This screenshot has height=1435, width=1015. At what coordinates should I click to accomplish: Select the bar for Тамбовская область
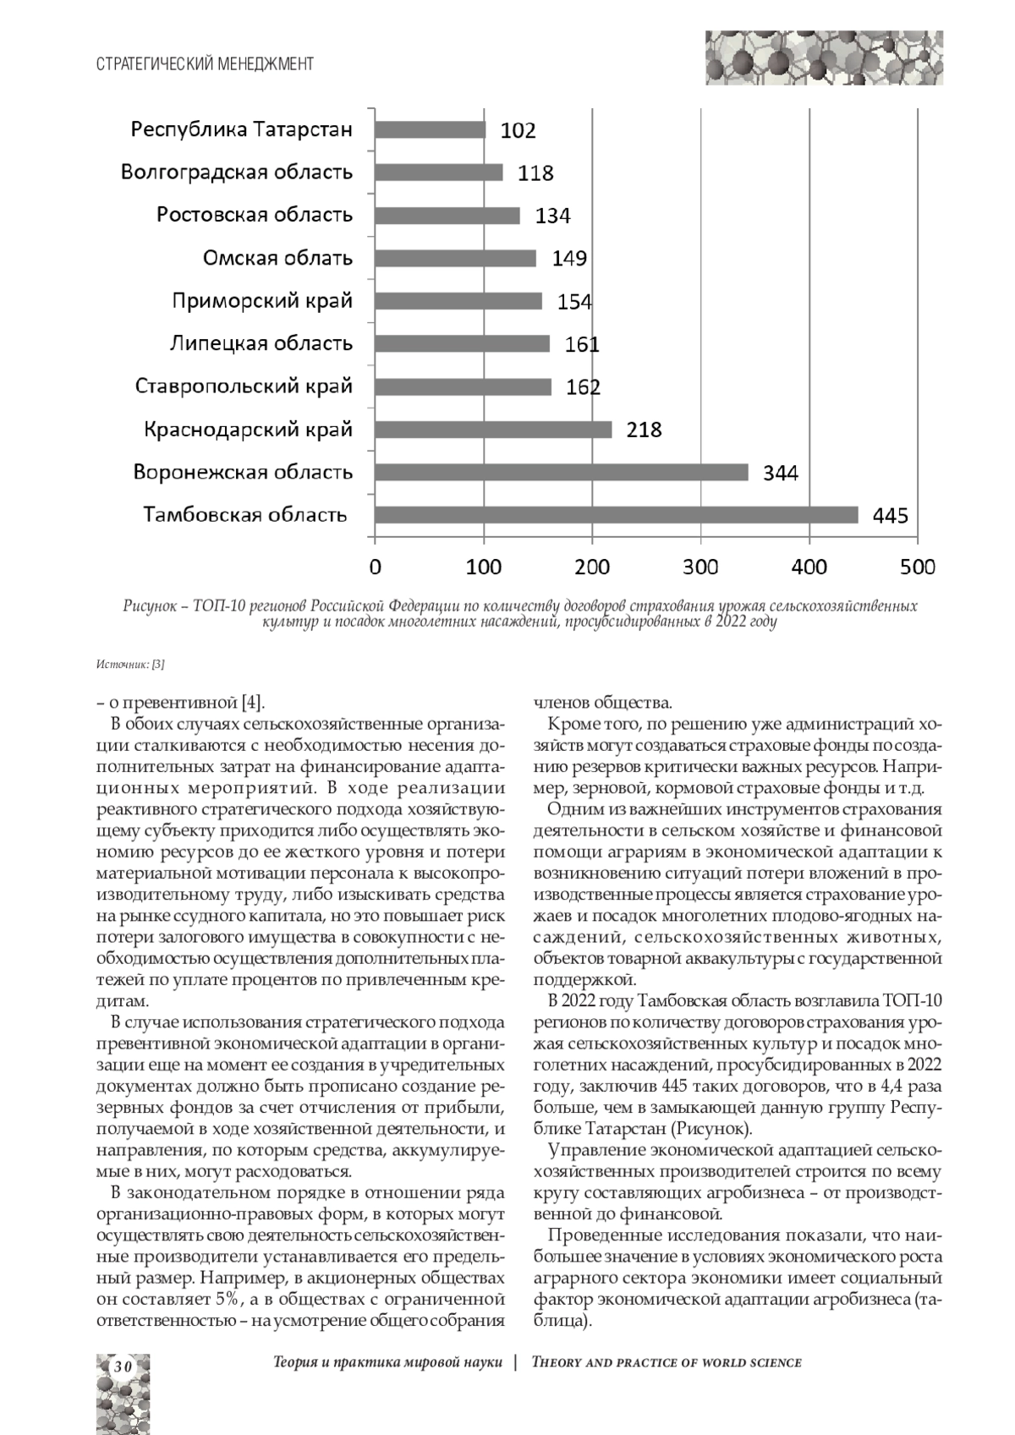[x=616, y=515]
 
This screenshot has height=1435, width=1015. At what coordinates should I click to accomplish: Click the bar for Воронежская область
[x=561, y=472]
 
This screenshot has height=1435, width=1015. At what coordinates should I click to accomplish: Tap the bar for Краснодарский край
[x=492, y=430]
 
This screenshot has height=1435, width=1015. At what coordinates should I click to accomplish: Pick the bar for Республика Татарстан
[x=430, y=129]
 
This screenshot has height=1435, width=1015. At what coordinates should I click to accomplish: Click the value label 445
[x=891, y=515]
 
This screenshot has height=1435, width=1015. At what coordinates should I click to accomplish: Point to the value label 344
[x=780, y=472]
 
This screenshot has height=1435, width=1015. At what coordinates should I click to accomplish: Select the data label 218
[x=644, y=430]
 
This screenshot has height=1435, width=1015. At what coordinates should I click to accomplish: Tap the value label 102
[x=518, y=130]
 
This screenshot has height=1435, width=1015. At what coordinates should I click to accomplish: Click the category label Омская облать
[x=277, y=258]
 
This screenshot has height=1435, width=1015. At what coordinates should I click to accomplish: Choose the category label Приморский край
[x=262, y=301]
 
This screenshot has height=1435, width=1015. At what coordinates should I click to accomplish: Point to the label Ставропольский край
[x=244, y=386]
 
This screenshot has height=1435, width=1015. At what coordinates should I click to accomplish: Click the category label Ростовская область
[x=254, y=215]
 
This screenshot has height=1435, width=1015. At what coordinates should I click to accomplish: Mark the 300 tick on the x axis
[x=700, y=567]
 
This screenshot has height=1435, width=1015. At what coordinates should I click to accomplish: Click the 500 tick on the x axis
[x=918, y=567]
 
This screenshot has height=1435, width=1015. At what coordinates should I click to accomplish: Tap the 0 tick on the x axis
[x=375, y=567]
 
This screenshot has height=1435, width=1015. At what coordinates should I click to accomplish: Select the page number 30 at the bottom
[x=123, y=1367]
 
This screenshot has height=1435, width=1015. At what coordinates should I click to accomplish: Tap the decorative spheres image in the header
[x=824, y=58]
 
